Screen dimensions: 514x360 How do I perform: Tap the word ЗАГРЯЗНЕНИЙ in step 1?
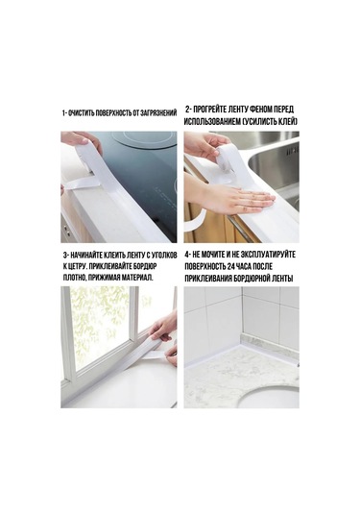[156, 113]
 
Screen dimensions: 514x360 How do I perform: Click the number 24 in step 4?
[227, 266]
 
